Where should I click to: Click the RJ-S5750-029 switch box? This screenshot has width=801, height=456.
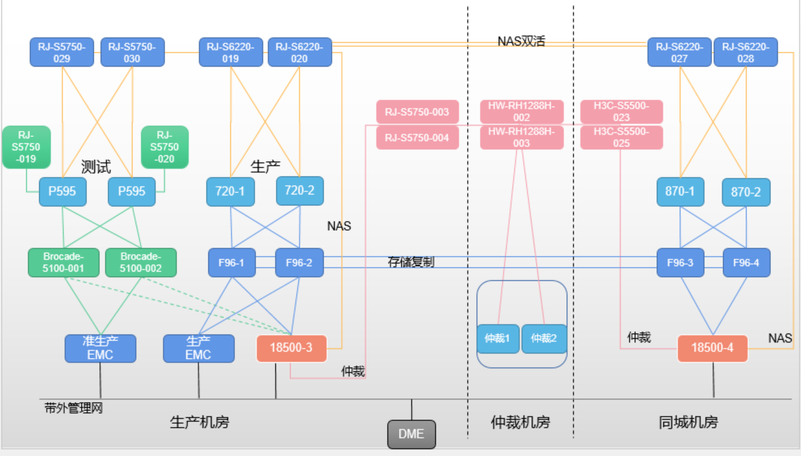pos(62,52)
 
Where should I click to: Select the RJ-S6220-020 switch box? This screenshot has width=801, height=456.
pos(299,52)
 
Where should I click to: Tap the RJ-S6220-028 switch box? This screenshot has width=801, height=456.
pos(745,52)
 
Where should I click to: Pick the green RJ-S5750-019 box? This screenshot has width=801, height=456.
pos(26,147)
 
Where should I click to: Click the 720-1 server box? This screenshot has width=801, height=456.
pos(230,191)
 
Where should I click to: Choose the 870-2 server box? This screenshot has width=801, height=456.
pos(746,192)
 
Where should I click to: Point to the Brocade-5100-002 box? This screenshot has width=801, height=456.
pos(141,262)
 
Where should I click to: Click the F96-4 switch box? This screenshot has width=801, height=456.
pos(746,262)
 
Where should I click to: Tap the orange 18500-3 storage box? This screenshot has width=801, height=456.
pos(292,348)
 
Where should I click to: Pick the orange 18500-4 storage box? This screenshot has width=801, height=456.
pos(713,348)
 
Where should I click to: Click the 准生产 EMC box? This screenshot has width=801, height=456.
pos(101,348)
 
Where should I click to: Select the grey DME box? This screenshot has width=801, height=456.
pos(411,434)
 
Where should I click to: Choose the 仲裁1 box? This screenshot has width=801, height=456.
pos(498,338)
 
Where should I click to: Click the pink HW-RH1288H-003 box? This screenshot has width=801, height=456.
pos(522,137)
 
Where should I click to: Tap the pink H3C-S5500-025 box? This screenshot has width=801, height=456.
pos(621,137)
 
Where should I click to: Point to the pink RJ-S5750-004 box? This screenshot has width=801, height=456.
pos(417,137)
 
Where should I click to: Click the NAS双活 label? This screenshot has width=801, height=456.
pos(522,42)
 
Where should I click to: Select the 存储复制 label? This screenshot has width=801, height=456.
pos(411,262)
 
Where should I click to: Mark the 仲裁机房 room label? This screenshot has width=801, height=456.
pos(520,422)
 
